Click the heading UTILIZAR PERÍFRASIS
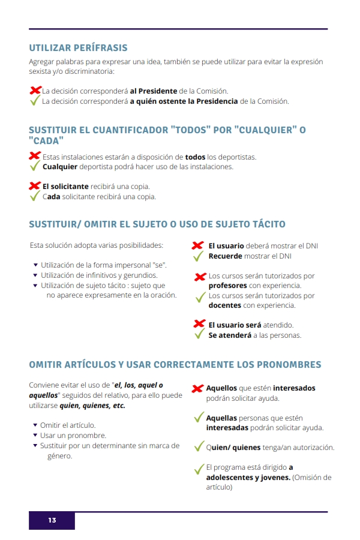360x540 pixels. pos(78,48)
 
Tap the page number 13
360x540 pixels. pos(52,520)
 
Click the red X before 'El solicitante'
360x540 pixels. pos(35,186)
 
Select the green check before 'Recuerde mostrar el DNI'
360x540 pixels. pos(199,256)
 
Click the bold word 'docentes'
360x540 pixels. pos(224,305)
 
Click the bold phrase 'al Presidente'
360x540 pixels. pos(154,91)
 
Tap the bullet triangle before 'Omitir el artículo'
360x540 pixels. pos(35,425)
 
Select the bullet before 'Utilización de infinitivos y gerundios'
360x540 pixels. pos(35,275)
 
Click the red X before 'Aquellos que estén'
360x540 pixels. pos(197,389)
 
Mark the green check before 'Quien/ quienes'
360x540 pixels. pos(199,447)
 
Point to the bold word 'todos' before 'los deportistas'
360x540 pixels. pos(195,157)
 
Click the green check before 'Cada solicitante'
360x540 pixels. pos(35,196)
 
